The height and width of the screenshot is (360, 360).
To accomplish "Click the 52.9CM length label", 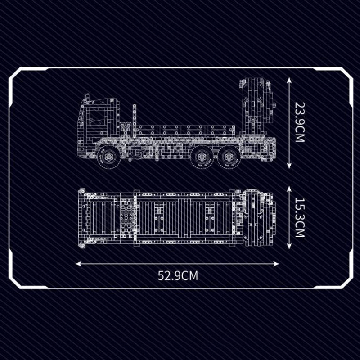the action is (178, 275).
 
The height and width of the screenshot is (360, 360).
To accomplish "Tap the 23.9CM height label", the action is (300, 122).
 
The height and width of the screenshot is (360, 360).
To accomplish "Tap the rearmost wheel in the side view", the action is (229, 157).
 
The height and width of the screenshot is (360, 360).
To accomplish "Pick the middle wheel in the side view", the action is (203, 157).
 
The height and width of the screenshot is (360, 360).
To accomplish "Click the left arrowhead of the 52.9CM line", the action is (78, 264).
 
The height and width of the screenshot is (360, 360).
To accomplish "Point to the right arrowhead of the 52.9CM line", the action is (276, 264).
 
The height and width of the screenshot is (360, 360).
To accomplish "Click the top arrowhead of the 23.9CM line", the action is (289, 81).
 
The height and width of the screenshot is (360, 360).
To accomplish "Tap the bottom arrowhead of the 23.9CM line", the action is (289, 166).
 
